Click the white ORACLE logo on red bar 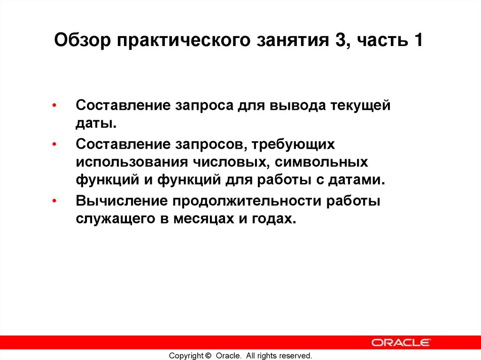point(401,342)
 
